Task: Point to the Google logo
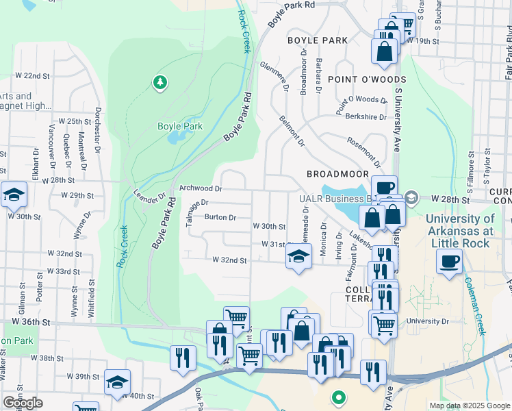23,403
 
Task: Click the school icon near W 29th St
13,196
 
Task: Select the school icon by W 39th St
117,382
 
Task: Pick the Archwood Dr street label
201,188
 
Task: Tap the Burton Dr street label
220,218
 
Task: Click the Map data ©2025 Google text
469,406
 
